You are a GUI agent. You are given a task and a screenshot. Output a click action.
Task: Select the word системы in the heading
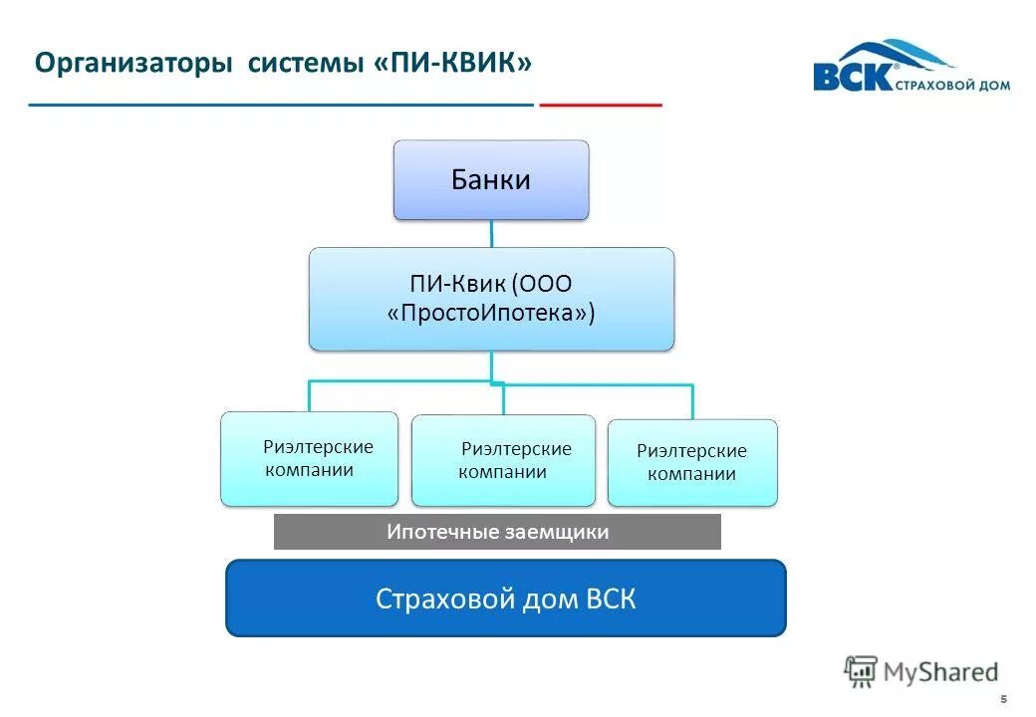(303, 64)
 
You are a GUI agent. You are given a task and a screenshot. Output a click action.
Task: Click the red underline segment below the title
(600, 104)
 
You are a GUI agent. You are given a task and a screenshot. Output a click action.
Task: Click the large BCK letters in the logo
(852, 77)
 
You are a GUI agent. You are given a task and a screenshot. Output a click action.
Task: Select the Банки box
(490, 179)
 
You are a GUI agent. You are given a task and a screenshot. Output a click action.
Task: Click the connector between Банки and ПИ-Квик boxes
(490, 233)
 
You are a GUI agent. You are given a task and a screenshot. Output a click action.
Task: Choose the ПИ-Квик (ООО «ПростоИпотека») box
(490, 299)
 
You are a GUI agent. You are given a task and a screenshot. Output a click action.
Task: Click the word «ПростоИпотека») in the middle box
(490, 313)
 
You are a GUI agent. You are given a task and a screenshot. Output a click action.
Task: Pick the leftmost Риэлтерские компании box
(309, 458)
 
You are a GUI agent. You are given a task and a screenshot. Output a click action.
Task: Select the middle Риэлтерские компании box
(503, 460)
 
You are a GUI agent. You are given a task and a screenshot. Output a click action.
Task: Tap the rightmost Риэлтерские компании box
(691, 462)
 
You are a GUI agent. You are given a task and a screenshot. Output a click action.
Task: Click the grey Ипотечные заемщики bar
(496, 532)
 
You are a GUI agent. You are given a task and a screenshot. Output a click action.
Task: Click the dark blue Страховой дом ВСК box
(505, 598)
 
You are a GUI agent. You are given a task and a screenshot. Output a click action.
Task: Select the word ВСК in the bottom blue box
(610, 598)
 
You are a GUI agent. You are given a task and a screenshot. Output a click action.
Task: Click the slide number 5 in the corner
(1003, 698)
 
